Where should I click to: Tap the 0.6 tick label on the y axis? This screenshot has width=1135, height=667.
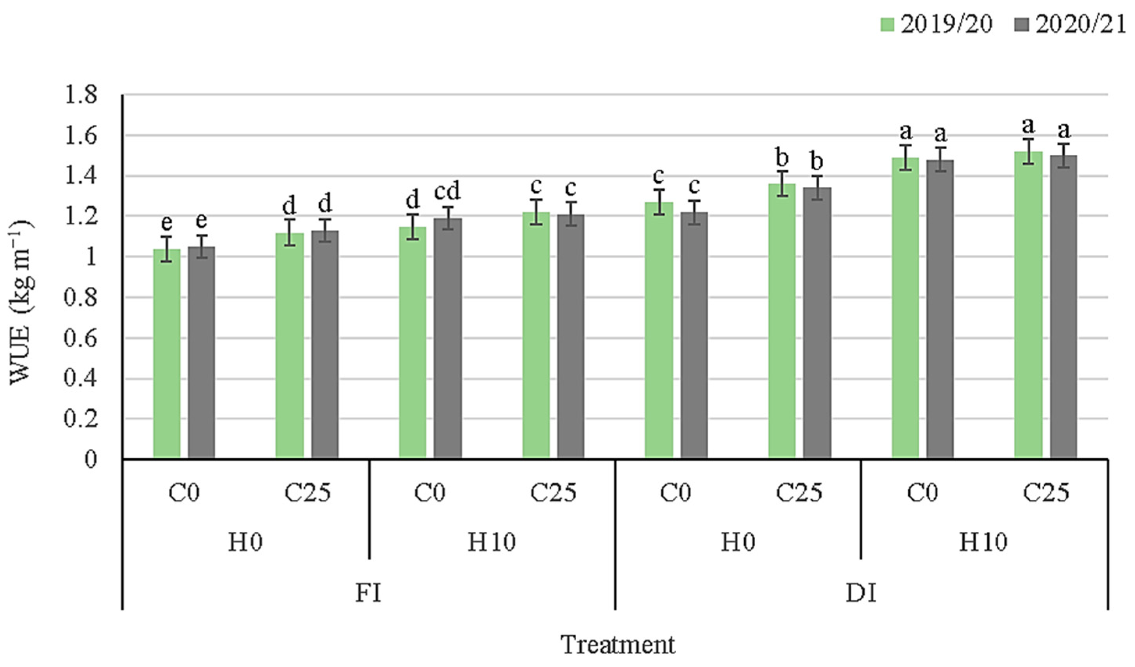pos(80,338)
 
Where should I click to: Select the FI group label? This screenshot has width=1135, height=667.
pos(368,593)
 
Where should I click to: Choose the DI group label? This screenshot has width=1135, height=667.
pos(861,593)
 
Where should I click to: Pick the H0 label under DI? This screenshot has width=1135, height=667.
pos(737,542)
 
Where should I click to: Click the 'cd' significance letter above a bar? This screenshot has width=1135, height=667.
pos(447,192)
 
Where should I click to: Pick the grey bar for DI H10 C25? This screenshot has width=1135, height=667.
pos(1064,306)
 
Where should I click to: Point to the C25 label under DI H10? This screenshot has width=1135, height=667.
pos(1046,493)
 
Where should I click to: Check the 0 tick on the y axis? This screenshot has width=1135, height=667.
pos(91,460)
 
